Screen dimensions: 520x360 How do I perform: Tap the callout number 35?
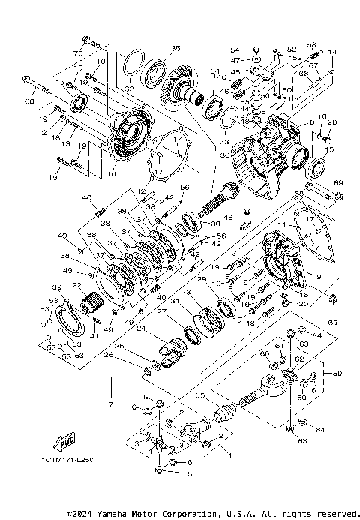pos(176,48)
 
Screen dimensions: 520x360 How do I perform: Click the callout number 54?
pos(234,49)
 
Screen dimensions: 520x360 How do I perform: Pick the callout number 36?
pos(224,155)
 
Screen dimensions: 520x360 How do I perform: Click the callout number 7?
pos(111,405)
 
